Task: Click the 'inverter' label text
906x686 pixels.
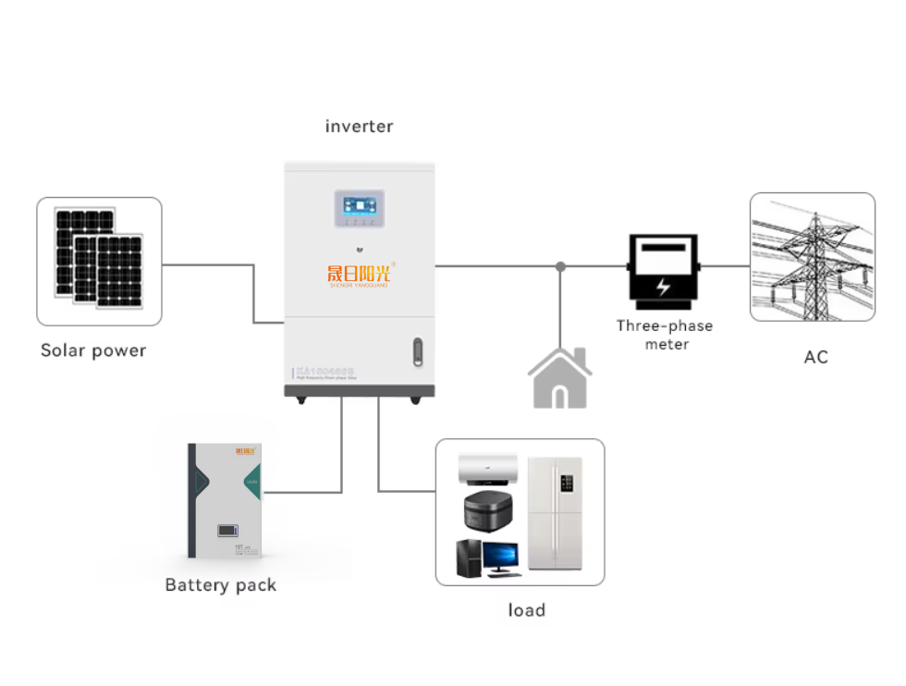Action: (x=359, y=127)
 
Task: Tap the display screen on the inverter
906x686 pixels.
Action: (x=360, y=205)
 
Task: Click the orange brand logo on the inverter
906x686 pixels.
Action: (x=359, y=274)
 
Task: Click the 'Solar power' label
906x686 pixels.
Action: (x=93, y=351)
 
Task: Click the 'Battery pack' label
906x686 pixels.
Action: (x=220, y=585)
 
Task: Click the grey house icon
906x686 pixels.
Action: (x=559, y=378)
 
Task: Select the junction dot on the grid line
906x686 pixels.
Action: (x=560, y=266)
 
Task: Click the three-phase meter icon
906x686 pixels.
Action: (x=663, y=272)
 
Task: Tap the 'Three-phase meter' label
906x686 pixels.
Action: (x=665, y=335)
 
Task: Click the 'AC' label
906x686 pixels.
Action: (x=815, y=357)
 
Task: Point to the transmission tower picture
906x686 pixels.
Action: (x=812, y=257)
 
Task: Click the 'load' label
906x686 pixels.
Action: (x=526, y=610)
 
